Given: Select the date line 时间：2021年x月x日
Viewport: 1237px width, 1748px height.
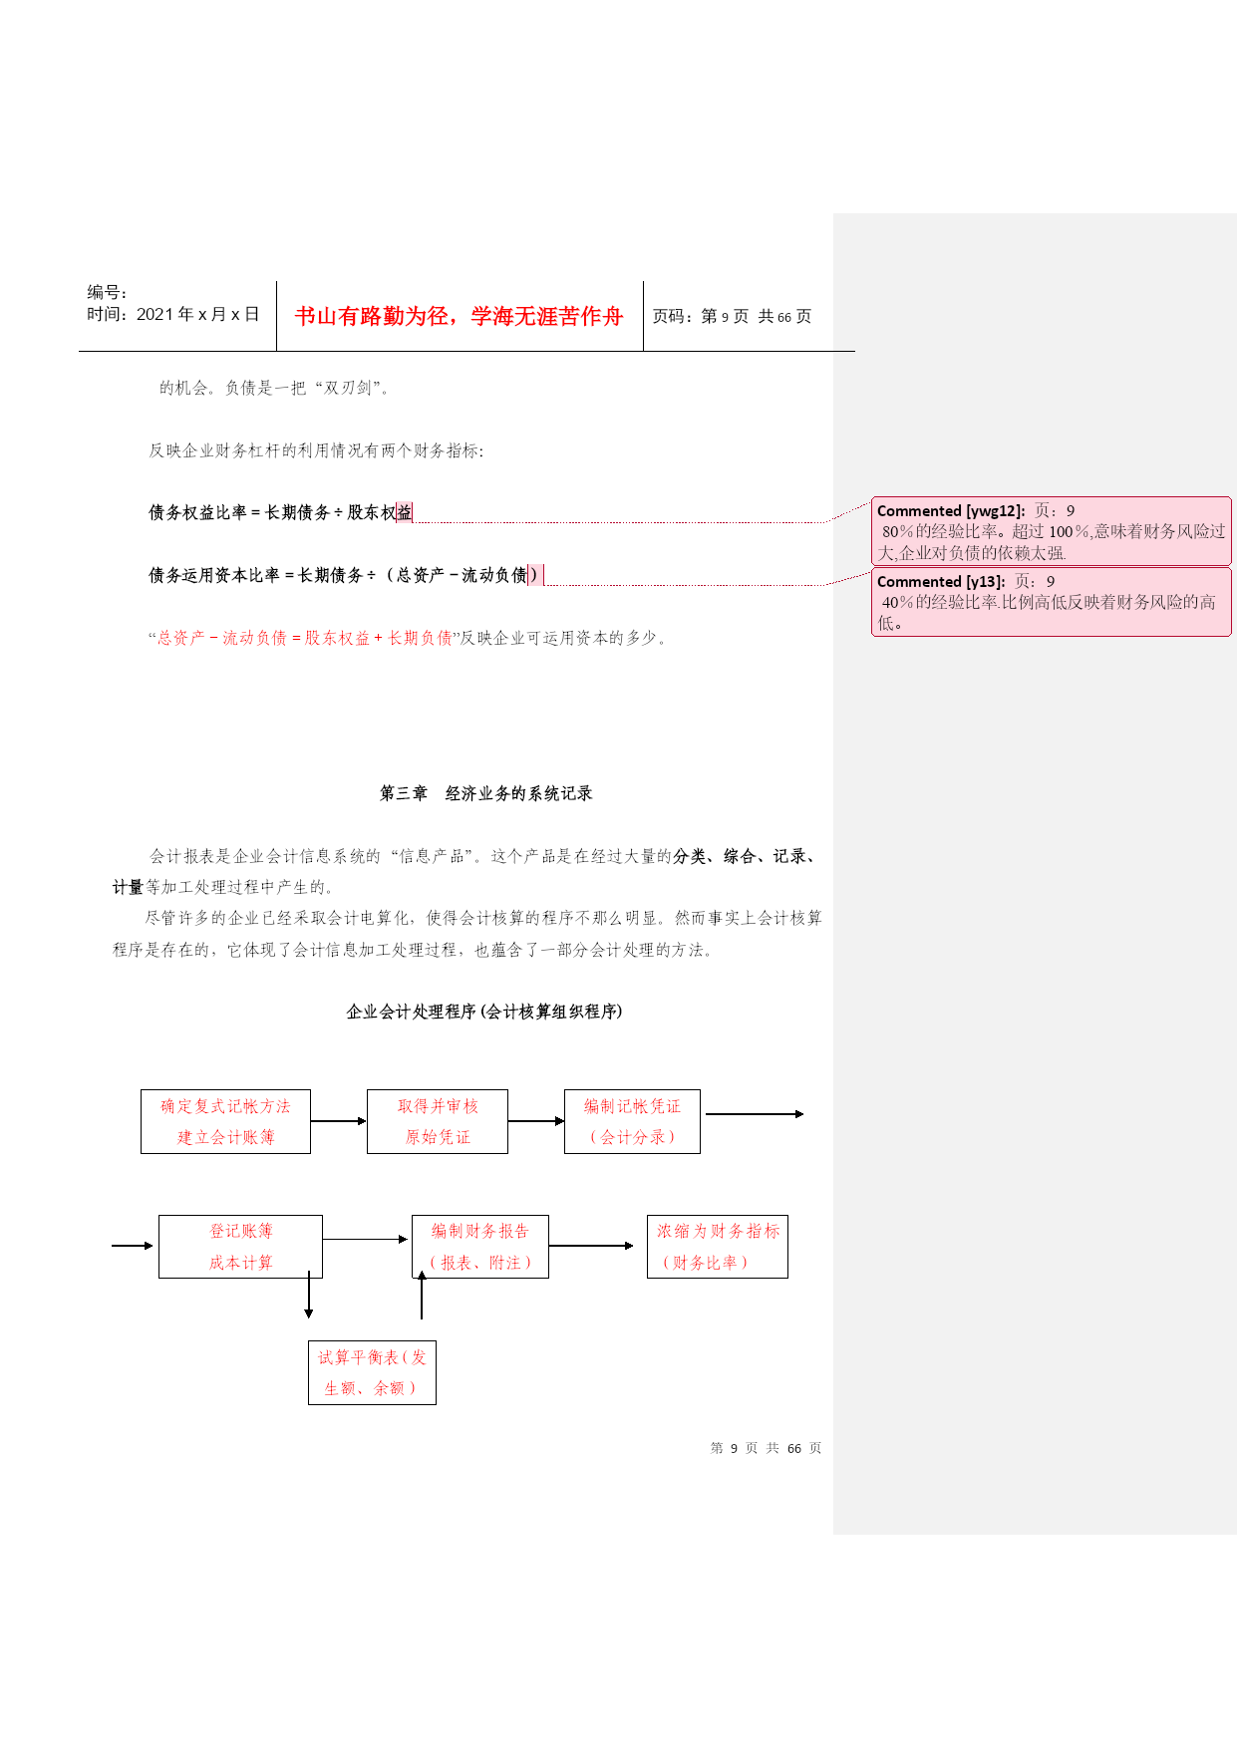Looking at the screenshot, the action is point(173,314).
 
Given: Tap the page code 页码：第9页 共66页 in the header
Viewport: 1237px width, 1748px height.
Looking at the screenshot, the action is point(732,316).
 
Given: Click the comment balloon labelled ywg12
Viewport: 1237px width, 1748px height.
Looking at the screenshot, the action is point(1052,531).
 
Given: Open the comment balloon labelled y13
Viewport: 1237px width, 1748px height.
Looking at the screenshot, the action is point(1052,602).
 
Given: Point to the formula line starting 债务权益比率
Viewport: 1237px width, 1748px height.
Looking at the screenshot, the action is point(280,512).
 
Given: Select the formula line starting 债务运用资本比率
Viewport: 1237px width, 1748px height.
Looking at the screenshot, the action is point(344,575).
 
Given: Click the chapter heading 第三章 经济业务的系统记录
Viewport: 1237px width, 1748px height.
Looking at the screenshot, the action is point(485,793).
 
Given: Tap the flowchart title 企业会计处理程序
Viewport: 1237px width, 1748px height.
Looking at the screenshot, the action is point(483,1012).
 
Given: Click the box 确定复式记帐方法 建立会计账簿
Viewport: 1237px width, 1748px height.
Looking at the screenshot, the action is point(225,1121).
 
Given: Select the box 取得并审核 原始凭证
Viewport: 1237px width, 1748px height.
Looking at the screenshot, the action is point(438,1121).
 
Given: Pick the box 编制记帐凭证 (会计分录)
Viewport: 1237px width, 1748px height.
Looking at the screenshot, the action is point(632,1121).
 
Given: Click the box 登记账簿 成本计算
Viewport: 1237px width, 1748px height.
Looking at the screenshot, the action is point(240,1247).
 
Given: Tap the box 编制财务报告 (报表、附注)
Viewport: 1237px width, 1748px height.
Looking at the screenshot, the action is point(480,1247).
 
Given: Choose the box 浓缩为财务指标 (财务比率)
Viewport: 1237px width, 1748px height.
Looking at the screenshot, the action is point(718,1247).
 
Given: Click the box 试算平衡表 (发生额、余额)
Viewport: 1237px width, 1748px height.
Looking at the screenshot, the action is point(372,1372).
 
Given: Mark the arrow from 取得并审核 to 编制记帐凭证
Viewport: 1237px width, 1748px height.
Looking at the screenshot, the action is point(536,1121).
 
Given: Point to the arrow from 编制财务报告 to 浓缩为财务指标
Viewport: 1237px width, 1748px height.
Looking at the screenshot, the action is point(591,1246).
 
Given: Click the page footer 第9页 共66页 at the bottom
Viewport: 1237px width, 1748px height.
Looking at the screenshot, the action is point(766,1448).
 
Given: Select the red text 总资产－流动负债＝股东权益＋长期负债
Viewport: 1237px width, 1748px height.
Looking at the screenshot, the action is point(305,638).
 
